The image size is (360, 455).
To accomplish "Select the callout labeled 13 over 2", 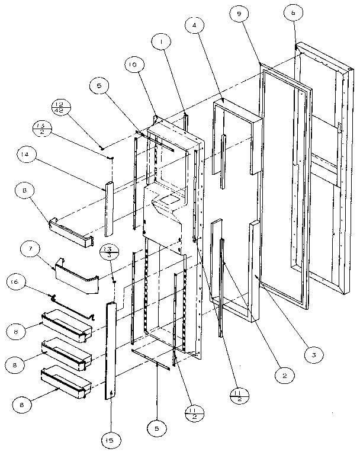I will coord(43,127).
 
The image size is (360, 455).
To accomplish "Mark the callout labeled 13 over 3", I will coord(107,251).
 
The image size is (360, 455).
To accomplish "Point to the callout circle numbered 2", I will coord(284,374).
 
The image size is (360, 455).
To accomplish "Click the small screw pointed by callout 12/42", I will coord(102,147).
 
